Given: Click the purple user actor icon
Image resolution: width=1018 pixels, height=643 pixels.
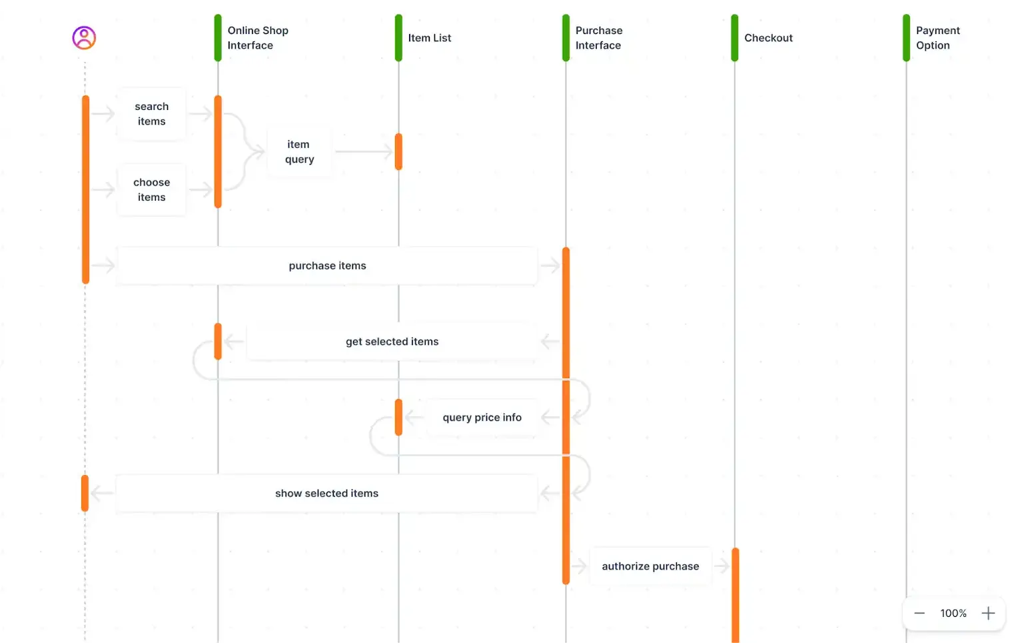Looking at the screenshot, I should point(84,38).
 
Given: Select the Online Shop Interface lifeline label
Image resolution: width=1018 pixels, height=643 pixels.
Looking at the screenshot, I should point(258,38).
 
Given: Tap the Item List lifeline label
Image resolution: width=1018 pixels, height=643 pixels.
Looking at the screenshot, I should point(429,38).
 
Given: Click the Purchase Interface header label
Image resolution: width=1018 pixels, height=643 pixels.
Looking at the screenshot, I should point(598,38).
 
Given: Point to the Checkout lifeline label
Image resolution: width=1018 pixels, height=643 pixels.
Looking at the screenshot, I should point(768,38).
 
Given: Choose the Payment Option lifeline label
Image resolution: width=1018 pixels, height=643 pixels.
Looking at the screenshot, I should point(937,38).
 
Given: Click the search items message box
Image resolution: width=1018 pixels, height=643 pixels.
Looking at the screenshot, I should point(152,114).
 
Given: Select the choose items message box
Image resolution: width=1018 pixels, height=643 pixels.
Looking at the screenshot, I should point(152,190).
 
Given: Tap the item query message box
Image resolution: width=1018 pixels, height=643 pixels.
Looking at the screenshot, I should point(299,152).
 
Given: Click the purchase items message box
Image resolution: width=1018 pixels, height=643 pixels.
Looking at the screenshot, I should point(327,266).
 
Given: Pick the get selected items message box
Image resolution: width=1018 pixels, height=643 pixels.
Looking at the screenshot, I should point(392,342).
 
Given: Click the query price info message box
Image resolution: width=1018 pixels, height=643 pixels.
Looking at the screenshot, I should point(482,418).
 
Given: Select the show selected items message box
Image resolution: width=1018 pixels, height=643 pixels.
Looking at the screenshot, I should point(326,494).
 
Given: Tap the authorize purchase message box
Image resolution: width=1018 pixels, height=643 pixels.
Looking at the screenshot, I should point(650,567).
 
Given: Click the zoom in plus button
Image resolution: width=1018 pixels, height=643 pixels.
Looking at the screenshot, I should point(988,613).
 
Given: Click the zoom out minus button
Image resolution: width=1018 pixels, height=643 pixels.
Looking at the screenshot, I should point(919,613).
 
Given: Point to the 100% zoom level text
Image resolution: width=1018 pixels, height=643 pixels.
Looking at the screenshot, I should point(953,613).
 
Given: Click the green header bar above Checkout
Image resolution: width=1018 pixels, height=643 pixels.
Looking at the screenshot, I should point(735,38).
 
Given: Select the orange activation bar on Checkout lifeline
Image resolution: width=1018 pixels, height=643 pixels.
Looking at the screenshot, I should point(736,594).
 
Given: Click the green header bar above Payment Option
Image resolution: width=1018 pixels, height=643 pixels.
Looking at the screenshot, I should point(906,38).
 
